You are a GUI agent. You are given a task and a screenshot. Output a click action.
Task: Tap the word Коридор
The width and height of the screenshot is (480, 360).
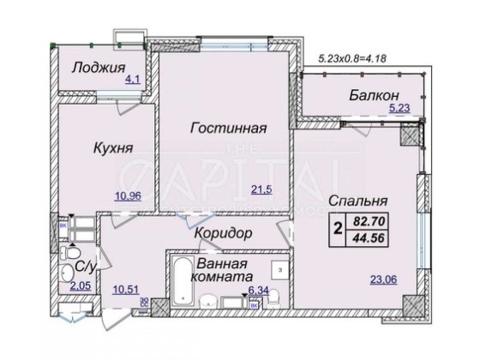(x=221, y=233)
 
